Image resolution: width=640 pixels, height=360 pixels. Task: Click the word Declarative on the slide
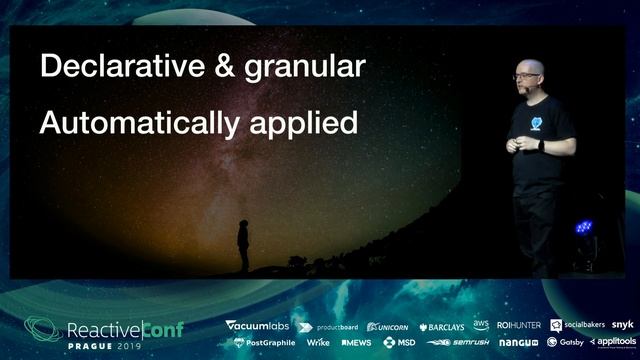point(111,67)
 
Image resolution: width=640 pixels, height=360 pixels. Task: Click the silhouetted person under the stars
point(242,245)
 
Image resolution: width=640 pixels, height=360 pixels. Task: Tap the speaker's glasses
point(527,75)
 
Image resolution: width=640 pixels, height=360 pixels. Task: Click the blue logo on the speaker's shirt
point(537,123)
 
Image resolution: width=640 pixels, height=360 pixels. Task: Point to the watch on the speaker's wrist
point(541,145)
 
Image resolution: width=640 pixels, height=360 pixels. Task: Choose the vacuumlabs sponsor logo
point(257,326)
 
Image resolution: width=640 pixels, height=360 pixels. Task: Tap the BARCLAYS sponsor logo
point(441,327)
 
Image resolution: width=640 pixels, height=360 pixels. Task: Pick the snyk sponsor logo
point(622,325)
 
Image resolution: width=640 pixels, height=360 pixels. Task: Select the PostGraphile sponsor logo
point(265,342)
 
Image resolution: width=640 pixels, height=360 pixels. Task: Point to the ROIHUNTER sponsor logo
point(518,326)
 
